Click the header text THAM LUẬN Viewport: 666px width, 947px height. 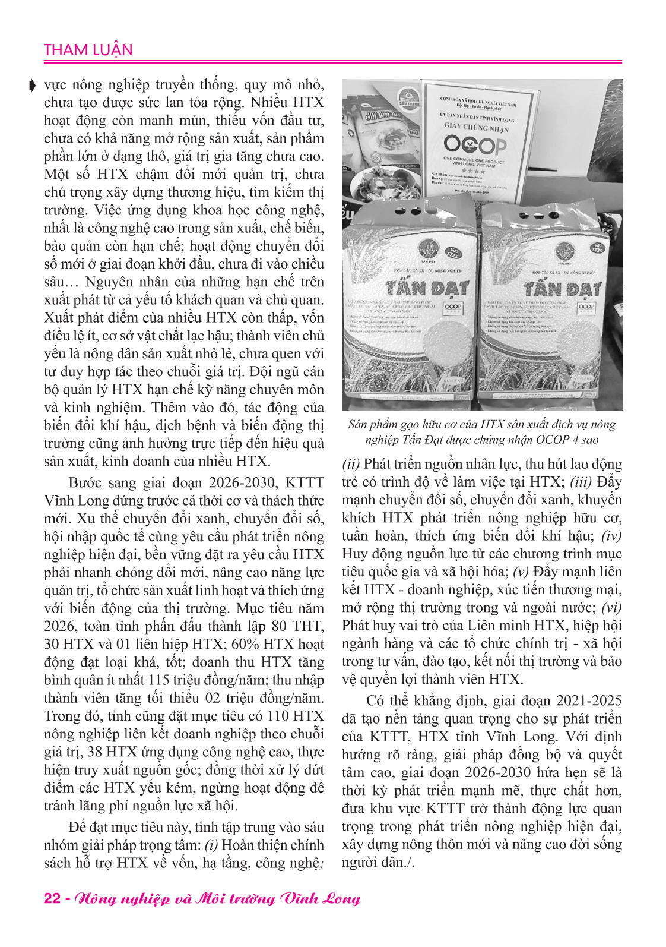click(x=88, y=50)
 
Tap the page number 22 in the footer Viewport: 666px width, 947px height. click(x=52, y=897)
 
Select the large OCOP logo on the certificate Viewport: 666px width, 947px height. click(x=474, y=144)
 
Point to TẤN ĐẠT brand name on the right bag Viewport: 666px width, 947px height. click(x=562, y=289)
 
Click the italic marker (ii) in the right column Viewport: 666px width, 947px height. click(x=351, y=464)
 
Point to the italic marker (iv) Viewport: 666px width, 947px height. click(x=611, y=536)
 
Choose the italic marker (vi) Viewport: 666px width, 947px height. click(x=611, y=608)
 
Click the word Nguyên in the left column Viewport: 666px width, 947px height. click(x=111, y=282)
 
